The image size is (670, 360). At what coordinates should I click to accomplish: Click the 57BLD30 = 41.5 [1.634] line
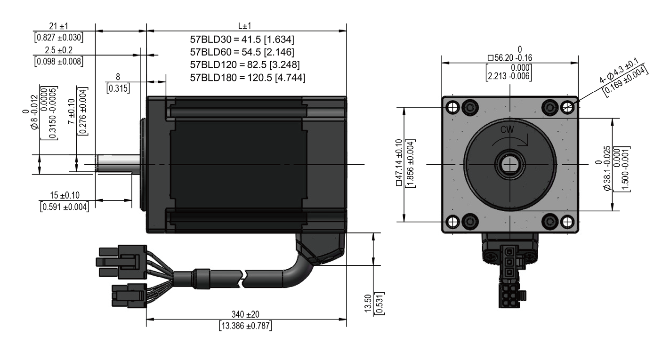242,40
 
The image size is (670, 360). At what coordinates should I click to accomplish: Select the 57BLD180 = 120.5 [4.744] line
248,78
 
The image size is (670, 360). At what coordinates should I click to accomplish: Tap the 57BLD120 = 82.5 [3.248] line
245,65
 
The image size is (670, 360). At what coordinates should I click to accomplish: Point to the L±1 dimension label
245,26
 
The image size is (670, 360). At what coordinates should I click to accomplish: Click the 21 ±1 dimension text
59,26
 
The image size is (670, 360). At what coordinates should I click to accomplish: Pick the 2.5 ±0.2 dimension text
59,50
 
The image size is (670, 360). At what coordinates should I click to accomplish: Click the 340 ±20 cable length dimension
245,314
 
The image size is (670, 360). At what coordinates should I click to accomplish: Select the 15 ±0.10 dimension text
65,195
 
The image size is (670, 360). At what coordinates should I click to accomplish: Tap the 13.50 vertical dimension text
368,304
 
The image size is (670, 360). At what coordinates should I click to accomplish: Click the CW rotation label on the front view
507,129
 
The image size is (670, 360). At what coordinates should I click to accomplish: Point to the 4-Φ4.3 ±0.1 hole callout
619,71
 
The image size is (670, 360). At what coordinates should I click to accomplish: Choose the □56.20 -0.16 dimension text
510,58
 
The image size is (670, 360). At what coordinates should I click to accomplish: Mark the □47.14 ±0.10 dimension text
399,162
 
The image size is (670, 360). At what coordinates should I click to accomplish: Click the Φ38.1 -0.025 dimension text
607,168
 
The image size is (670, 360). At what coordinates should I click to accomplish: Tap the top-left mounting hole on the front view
452,107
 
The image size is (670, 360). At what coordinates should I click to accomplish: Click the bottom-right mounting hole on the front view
567,222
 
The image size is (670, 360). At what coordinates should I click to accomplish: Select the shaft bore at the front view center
509,164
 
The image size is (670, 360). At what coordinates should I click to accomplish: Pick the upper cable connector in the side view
121,262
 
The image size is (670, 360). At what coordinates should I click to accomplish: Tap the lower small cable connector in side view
129,296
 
